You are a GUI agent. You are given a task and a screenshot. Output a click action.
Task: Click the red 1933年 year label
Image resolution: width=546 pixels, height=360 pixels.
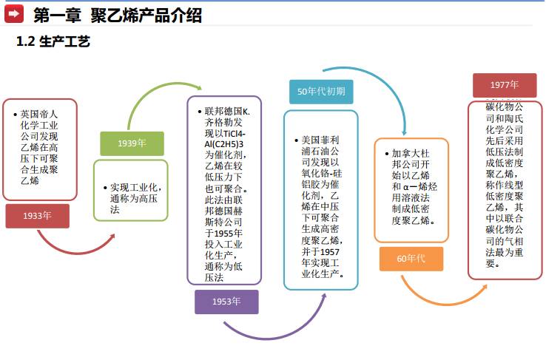(x=37, y=216)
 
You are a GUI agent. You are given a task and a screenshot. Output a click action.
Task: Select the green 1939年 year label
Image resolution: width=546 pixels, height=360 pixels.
(x=132, y=143)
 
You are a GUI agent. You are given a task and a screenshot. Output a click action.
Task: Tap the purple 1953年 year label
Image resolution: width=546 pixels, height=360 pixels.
(x=226, y=302)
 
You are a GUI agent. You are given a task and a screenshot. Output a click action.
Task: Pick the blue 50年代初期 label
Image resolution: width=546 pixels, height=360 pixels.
(x=320, y=91)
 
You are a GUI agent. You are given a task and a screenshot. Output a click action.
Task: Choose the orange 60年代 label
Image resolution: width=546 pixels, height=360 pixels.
(x=411, y=259)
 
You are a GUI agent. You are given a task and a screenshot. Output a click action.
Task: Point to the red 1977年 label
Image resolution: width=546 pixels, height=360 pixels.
(x=505, y=85)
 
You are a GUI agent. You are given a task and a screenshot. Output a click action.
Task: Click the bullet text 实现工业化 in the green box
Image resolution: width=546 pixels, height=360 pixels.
(x=136, y=188)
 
